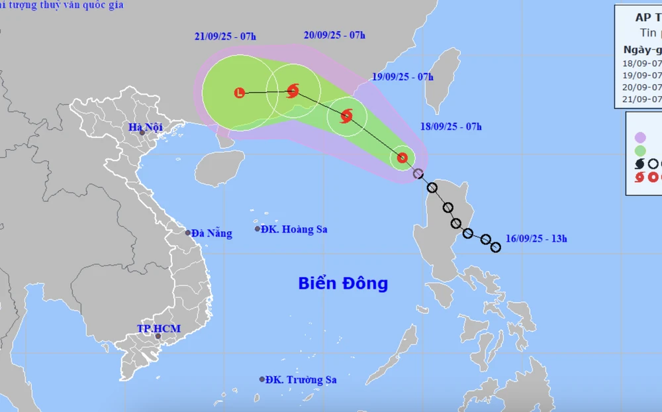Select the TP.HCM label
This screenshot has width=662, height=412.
(158, 329)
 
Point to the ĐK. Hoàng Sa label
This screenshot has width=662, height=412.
(294, 229)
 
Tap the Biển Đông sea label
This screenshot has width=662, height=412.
(343, 283)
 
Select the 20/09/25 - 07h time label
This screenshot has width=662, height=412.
(334, 35)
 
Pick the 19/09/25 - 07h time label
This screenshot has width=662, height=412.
(402, 76)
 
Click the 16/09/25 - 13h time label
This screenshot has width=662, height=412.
(536, 238)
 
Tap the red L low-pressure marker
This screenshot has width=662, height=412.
(240, 93)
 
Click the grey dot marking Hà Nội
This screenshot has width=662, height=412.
(142, 133)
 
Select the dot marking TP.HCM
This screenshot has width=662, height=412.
(158, 336)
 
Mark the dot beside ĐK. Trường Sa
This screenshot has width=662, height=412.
(261, 380)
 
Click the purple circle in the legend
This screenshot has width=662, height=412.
(640, 137)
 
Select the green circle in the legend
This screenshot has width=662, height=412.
(640, 150)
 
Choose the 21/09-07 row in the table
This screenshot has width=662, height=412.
(642, 99)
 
